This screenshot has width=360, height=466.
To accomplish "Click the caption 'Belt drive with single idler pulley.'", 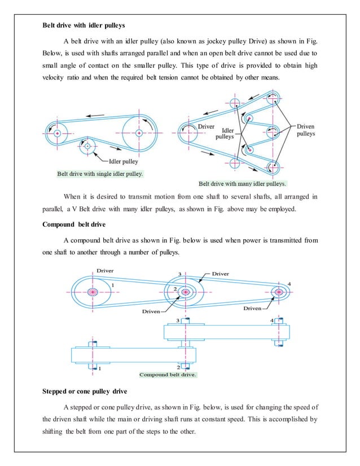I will [x=100, y=174].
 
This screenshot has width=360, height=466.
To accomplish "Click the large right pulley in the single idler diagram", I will [x=139, y=133].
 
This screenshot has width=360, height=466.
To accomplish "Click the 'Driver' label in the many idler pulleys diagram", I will [x=206, y=127].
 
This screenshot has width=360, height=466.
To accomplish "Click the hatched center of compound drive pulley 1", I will [x=93, y=292].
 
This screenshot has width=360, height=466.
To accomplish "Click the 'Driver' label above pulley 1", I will [x=105, y=271].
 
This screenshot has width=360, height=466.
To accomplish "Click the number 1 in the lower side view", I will [x=99, y=368].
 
